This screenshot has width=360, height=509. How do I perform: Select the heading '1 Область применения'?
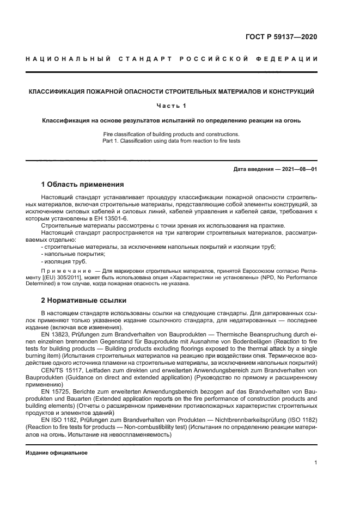click(x=83, y=184)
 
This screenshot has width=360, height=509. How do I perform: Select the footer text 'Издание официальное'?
click(x=56, y=452)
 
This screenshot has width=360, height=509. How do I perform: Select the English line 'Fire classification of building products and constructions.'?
click(x=171, y=134)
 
